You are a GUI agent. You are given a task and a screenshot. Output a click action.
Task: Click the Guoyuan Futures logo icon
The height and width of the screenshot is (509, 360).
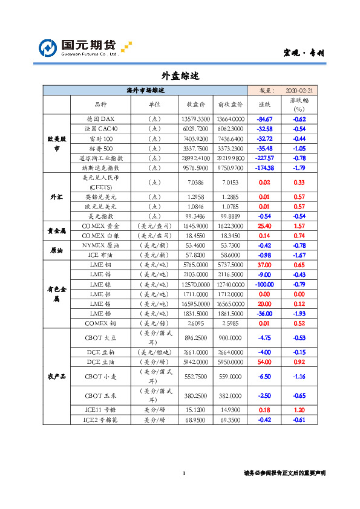click(x=48, y=47)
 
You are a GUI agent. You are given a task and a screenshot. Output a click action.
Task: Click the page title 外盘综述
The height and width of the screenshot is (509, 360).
click(x=180, y=76)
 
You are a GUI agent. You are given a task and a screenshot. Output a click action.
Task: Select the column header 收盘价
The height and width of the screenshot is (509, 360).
click(x=195, y=104)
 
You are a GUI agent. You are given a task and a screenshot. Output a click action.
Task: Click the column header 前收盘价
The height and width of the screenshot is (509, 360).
click(x=229, y=104)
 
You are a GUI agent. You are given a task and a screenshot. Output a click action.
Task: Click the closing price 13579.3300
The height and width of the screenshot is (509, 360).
click(x=195, y=119)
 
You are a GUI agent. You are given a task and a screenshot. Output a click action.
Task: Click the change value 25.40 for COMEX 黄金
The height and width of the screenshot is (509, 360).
click(x=264, y=225)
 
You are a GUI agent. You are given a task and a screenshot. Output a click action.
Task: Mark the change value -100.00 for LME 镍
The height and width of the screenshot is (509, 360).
click(x=264, y=284)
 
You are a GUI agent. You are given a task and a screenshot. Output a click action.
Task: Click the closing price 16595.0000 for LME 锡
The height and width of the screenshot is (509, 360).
click(x=195, y=303)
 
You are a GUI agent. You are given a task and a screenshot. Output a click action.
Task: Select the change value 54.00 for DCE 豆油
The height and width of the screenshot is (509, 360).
click(x=264, y=361)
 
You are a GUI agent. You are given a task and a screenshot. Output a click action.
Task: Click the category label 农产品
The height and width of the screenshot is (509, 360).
click(x=56, y=376)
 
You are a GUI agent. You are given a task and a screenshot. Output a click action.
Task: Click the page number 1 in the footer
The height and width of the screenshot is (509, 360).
click(x=183, y=473)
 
